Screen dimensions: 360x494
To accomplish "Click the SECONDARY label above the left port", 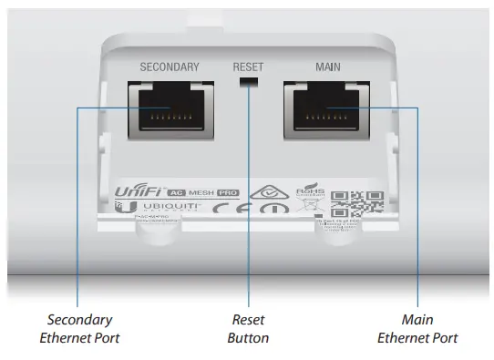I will (170, 67).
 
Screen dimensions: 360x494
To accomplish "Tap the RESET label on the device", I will (248, 67).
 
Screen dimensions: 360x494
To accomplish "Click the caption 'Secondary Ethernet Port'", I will (80, 329).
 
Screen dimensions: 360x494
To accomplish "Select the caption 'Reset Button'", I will (248, 329).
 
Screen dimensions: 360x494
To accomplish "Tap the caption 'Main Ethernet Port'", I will (417, 329).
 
